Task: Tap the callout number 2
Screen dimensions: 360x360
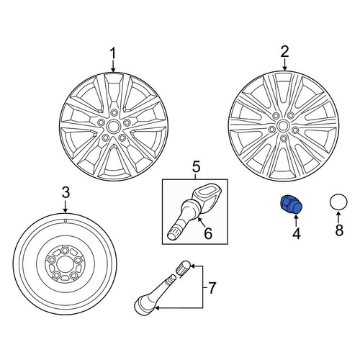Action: (x=284, y=52)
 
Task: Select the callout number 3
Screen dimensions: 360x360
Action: (x=66, y=192)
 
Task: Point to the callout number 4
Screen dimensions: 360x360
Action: (x=297, y=233)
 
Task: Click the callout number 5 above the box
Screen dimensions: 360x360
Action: (x=196, y=167)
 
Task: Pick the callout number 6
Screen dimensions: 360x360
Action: (x=208, y=233)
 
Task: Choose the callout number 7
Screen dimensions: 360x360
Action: (x=212, y=288)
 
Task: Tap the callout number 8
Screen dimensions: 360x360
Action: (x=339, y=230)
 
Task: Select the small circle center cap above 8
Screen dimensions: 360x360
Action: (x=338, y=202)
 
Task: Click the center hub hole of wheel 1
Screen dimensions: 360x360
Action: (x=113, y=126)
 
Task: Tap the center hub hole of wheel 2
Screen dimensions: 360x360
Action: (x=283, y=127)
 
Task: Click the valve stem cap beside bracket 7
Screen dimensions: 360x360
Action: (x=184, y=268)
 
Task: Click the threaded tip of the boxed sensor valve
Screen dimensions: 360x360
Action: (x=174, y=233)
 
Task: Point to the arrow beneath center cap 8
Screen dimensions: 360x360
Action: (x=338, y=217)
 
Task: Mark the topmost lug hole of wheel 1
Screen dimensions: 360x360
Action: (x=114, y=112)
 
